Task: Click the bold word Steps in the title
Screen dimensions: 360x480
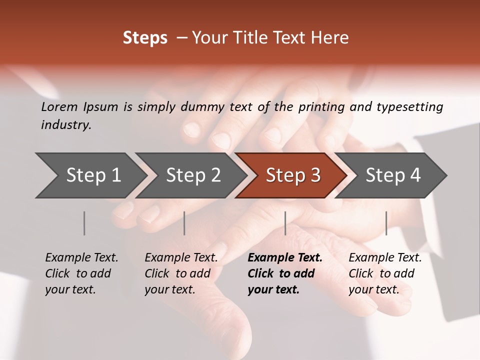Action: click(x=145, y=38)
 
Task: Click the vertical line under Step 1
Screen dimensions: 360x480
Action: click(x=84, y=223)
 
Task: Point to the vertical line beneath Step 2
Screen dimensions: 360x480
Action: click(x=184, y=223)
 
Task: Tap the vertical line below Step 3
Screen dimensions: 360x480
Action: click(x=285, y=223)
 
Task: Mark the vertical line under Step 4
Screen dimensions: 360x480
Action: click(x=386, y=223)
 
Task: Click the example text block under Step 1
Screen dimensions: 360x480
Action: click(x=81, y=273)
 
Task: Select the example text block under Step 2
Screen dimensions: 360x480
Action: click(x=181, y=273)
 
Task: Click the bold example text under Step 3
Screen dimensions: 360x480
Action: click(x=284, y=273)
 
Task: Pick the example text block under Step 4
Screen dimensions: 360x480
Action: click(x=385, y=273)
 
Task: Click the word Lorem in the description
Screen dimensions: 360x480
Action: click(x=59, y=107)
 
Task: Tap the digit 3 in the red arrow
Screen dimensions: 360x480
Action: click(x=315, y=175)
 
